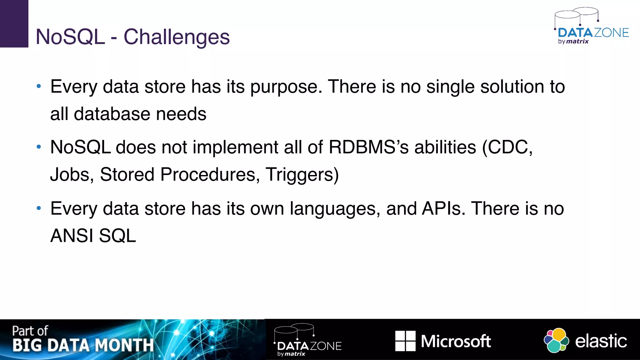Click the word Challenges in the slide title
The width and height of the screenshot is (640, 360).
[x=177, y=37]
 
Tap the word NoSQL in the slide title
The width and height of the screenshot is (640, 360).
[x=70, y=37]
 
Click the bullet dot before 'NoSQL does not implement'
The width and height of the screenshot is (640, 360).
[x=39, y=147]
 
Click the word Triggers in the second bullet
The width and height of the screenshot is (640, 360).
[x=302, y=174]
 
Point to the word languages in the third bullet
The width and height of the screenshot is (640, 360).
[x=335, y=209]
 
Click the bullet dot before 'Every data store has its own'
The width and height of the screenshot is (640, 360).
[x=39, y=208]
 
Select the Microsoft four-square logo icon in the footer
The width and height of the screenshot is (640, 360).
[x=405, y=341]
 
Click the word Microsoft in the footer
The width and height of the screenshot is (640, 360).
[x=456, y=341]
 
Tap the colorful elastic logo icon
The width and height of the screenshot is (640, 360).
[x=556, y=340]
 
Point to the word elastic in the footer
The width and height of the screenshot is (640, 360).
[x=601, y=341]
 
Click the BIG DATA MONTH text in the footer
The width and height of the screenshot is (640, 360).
[x=83, y=345]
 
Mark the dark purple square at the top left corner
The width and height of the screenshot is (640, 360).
[x=14, y=23]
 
